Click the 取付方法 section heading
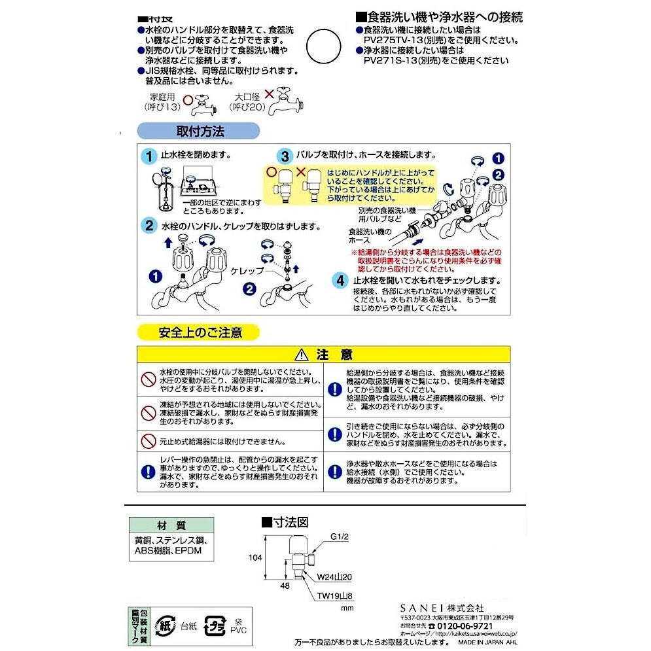(200, 132)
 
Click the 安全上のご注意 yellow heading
(200, 332)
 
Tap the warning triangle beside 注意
(301, 355)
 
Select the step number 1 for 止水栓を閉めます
(150, 156)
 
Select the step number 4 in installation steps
(340, 280)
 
